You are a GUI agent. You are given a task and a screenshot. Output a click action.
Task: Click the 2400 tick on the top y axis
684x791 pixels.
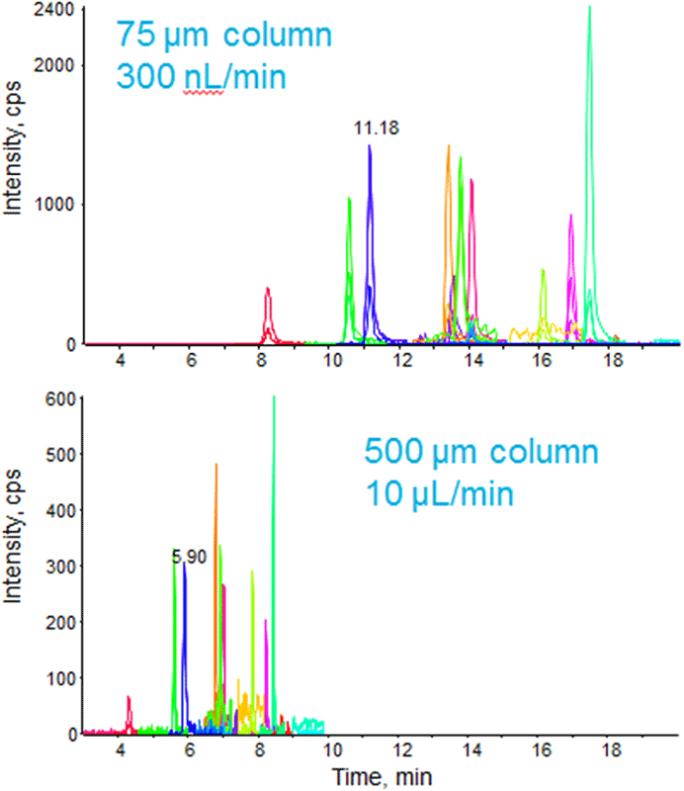click(55, 10)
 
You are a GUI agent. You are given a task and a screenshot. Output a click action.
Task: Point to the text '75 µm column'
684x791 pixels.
click(224, 37)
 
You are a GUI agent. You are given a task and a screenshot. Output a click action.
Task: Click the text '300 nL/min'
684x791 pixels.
click(202, 76)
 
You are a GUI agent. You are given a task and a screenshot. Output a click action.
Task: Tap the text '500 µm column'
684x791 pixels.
click(481, 454)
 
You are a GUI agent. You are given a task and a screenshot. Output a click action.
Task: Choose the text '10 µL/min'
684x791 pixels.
click(439, 492)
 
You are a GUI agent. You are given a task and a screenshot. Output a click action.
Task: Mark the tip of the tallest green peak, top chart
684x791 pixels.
click(589, 7)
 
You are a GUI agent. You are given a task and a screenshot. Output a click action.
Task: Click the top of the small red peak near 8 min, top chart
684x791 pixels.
click(268, 289)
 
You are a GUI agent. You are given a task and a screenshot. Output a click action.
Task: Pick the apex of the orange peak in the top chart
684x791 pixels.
click(448, 145)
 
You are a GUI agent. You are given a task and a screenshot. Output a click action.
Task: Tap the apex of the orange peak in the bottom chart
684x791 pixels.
click(215, 465)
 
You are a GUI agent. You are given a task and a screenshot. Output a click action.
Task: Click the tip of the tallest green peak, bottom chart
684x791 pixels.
click(274, 396)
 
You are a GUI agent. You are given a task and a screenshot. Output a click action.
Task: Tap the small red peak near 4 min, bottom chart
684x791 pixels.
click(128, 698)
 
